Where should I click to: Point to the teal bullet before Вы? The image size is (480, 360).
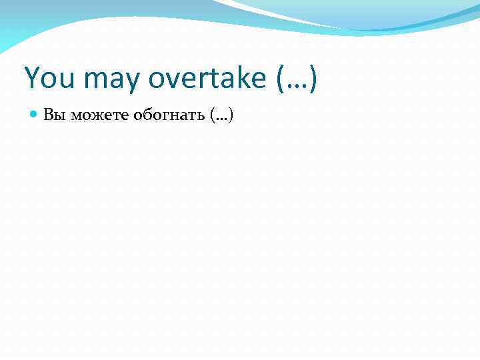click(x=35, y=115)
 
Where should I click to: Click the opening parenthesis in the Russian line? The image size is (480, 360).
click(x=211, y=116)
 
